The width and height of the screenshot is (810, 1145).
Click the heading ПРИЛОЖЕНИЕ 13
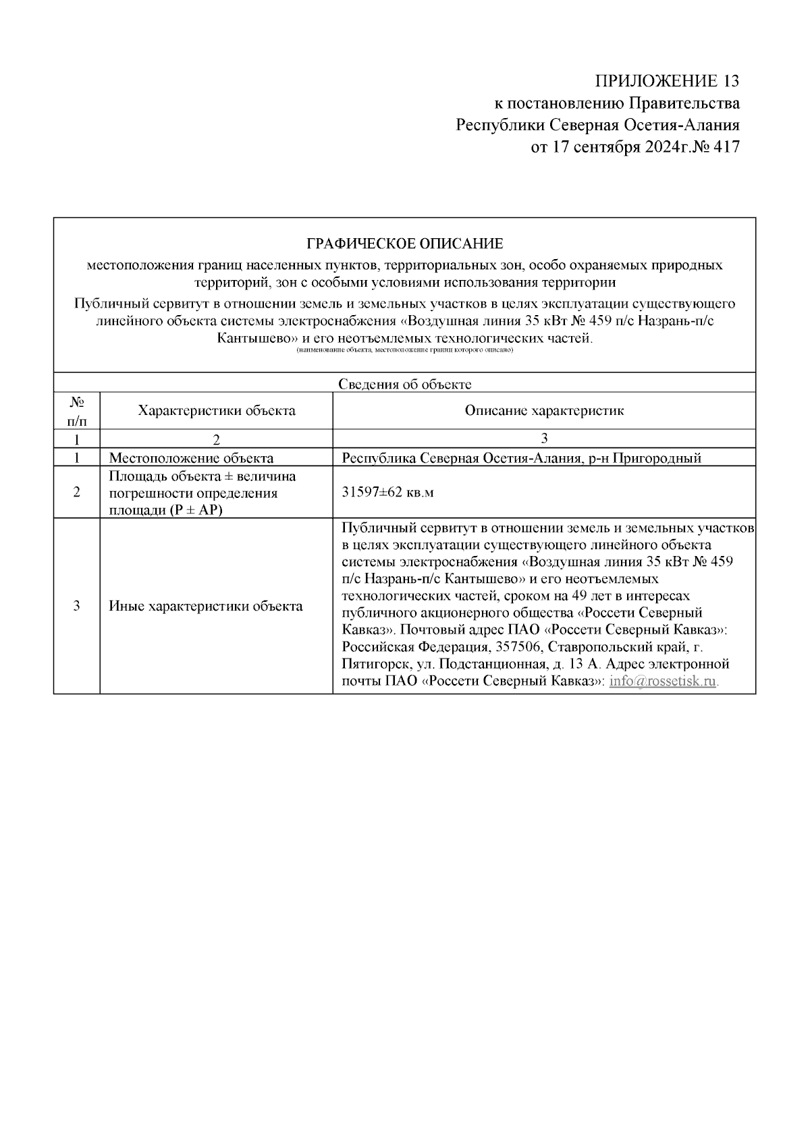(x=667, y=81)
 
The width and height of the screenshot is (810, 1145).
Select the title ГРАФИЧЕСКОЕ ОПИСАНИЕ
(x=404, y=244)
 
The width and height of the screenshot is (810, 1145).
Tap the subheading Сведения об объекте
(x=404, y=385)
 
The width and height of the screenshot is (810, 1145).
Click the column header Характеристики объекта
(x=216, y=410)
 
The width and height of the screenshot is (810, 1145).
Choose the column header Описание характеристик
(x=544, y=410)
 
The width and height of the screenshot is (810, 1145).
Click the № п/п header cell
(x=77, y=410)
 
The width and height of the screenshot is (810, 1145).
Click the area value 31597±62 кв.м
(x=388, y=492)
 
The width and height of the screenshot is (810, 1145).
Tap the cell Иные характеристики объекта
(x=206, y=606)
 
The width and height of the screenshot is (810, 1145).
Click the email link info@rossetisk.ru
(x=662, y=681)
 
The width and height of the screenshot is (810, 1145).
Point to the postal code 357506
(x=518, y=647)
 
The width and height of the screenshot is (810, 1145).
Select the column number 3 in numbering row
(x=544, y=438)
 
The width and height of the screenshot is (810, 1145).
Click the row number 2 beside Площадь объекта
(x=77, y=492)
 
